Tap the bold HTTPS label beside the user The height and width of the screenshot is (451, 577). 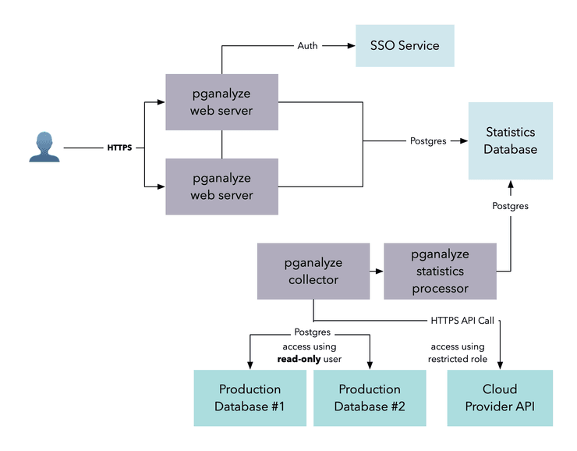click(119, 147)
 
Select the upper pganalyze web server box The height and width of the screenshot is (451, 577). click(222, 102)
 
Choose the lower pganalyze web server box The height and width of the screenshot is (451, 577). click(222, 186)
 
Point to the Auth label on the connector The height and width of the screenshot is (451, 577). click(307, 46)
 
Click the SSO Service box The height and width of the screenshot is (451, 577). click(405, 45)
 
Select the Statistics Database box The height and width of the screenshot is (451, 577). click(510, 140)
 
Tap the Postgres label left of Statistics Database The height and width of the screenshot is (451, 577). click(428, 141)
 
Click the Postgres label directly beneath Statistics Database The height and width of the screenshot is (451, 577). click(510, 206)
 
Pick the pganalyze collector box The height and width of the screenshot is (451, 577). click(313, 271)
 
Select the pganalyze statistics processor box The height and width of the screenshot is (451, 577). click(440, 271)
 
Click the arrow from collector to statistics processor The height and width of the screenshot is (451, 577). click(377, 272)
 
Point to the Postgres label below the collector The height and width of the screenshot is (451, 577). click(313, 332)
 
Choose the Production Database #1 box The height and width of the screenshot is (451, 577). click(250, 398)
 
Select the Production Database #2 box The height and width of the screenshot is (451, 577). click(369, 398)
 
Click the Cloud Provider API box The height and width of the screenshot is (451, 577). click(499, 398)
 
